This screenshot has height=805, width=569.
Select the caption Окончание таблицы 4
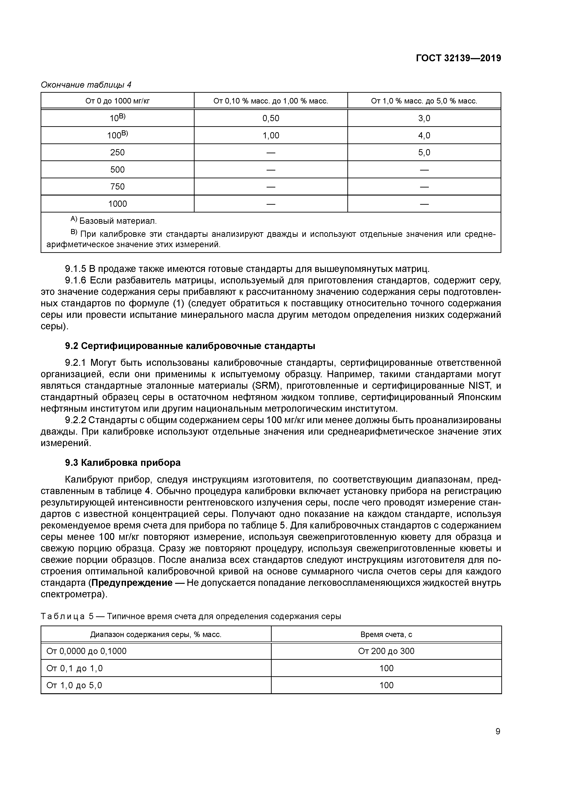click(86, 85)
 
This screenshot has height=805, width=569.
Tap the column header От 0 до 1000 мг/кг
click(117, 101)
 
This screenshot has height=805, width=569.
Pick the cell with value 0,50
click(271, 118)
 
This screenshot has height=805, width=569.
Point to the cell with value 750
click(117, 187)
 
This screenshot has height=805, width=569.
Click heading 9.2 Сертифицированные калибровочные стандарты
click(190, 346)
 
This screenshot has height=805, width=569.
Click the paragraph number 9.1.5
click(75, 269)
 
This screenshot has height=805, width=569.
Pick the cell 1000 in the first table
click(117, 204)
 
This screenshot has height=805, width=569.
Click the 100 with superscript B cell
click(117, 135)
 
